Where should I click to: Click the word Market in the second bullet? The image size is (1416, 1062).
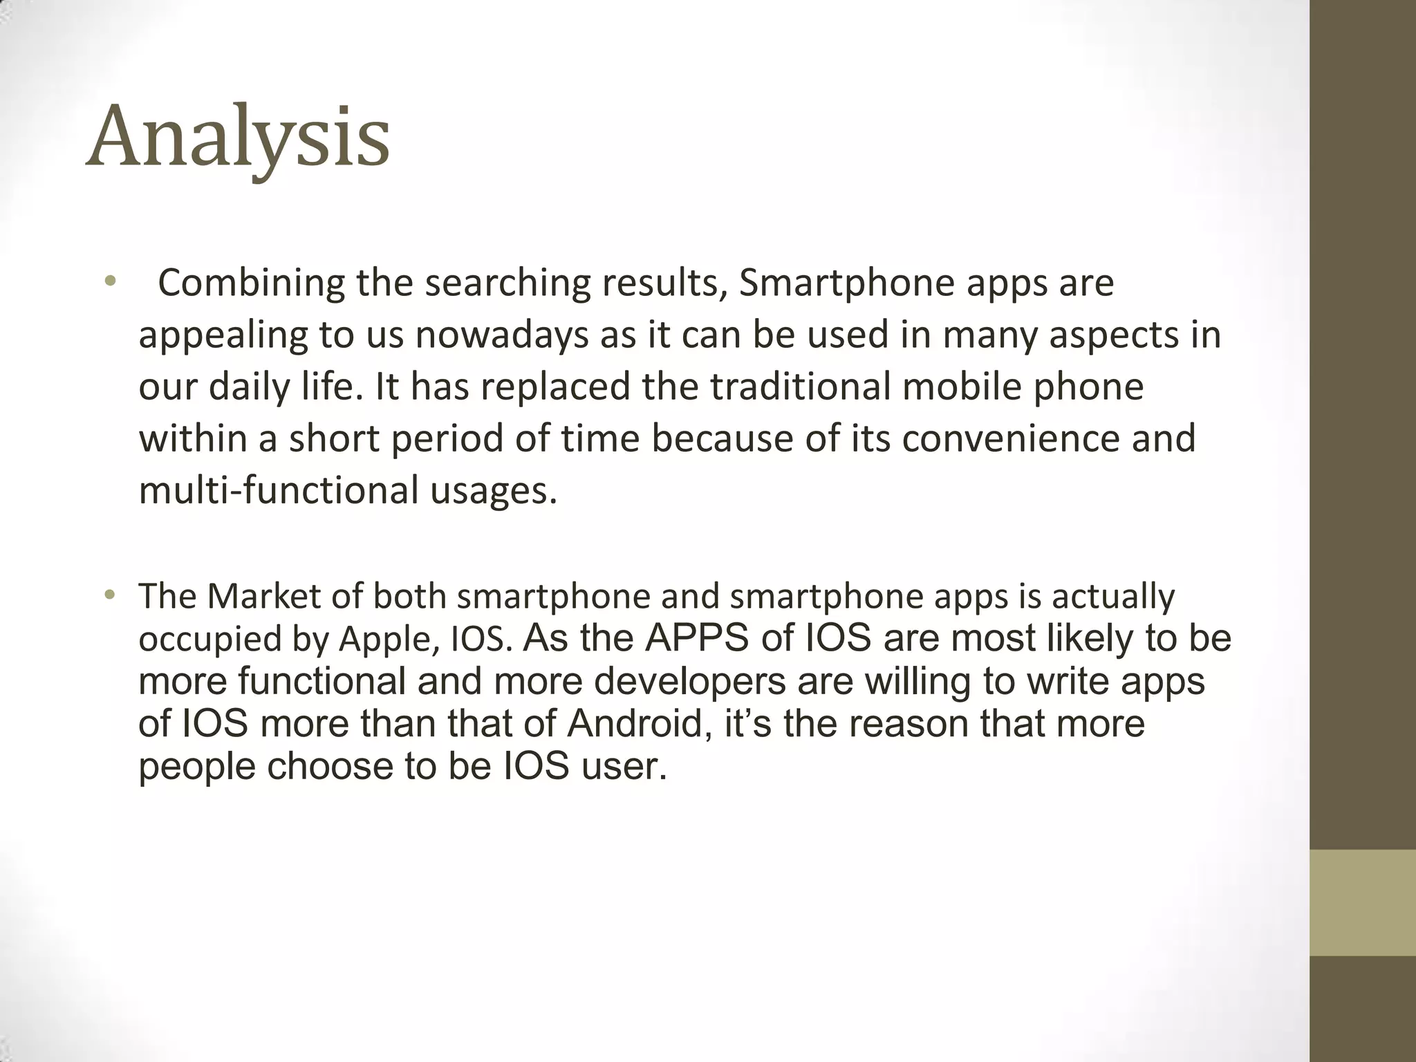coord(263,596)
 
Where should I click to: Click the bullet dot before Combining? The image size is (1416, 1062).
coord(109,281)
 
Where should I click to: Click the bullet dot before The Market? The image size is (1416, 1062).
coord(109,595)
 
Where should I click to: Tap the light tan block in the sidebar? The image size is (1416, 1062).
coord(1362,902)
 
